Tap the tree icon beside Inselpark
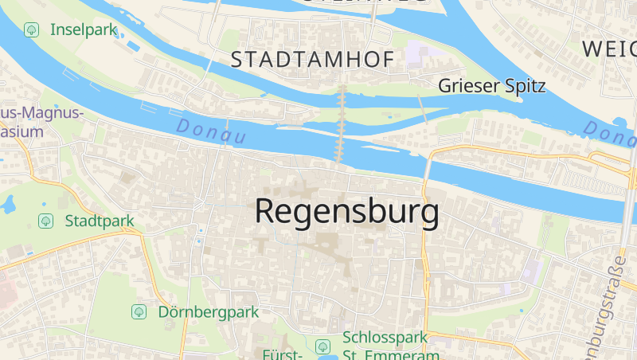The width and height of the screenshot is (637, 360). (31, 29)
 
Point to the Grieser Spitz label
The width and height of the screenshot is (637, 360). (492, 86)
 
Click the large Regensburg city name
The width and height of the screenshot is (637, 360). (346, 212)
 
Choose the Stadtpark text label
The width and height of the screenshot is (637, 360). (100, 220)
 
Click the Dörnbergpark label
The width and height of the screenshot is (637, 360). (209, 311)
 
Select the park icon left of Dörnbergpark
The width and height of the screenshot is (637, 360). (139, 311)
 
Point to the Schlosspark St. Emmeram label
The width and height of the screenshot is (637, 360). (385, 346)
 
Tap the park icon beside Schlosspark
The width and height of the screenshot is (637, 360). (322, 346)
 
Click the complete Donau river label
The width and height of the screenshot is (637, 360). (211, 132)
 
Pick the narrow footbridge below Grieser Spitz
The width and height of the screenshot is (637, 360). (421, 107)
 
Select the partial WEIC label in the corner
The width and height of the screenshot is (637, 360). (609, 48)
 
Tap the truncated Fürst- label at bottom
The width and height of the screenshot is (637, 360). (282, 354)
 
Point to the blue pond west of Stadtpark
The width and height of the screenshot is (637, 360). (9, 205)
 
